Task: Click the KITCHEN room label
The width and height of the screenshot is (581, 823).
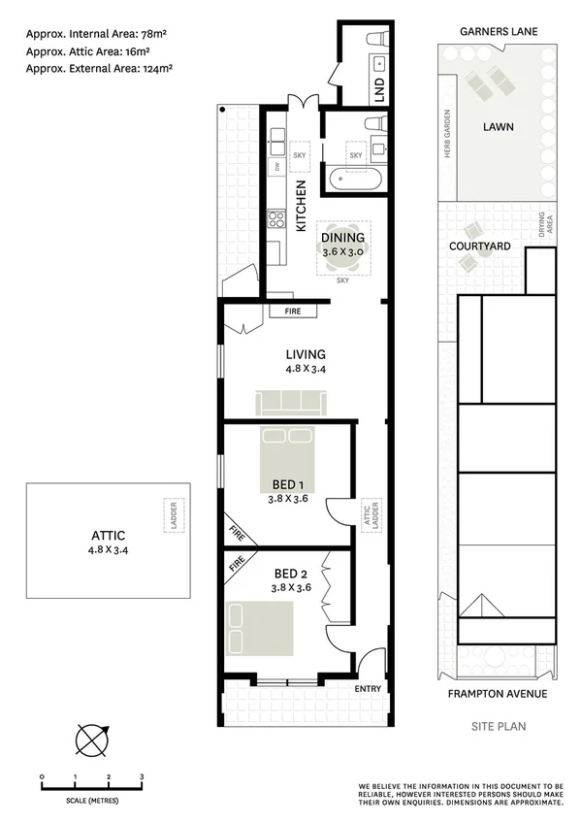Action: point(301,206)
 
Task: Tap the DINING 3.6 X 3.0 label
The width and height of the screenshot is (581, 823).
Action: point(342,244)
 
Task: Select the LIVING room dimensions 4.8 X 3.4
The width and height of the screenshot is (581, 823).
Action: point(305,369)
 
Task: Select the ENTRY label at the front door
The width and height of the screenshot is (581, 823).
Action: point(369,690)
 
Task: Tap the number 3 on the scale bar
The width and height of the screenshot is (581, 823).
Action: point(142,777)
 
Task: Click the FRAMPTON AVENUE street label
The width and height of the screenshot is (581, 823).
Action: point(497,694)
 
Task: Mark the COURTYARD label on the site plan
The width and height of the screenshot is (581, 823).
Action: point(479,247)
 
